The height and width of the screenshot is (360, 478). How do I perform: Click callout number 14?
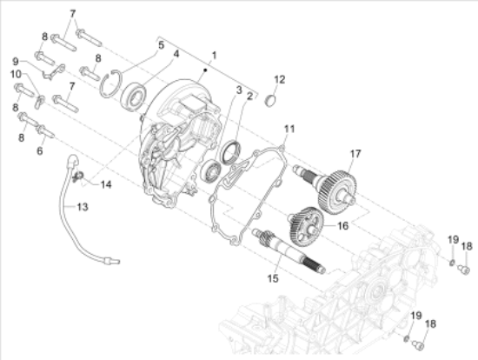tap(105, 184)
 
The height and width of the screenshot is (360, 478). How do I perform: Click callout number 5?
tap(160, 43)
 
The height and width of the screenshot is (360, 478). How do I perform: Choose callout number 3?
tap(237, 90)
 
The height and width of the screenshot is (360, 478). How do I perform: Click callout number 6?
tap(39, 151)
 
